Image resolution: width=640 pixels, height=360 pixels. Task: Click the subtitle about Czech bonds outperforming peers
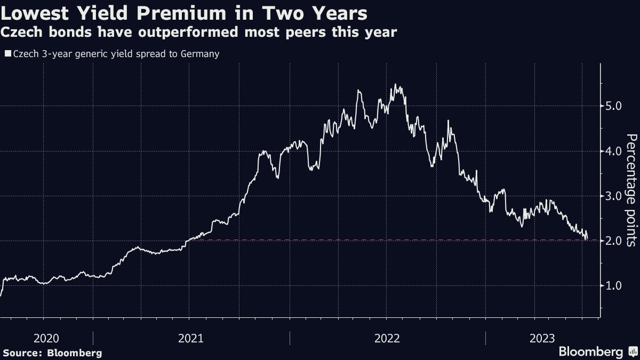198,33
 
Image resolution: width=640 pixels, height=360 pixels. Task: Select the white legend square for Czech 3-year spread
7,54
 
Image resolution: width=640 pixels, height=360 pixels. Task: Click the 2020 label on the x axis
46,338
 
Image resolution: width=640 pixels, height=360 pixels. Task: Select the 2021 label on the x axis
190,338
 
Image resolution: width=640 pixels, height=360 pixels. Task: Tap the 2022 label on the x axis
387,338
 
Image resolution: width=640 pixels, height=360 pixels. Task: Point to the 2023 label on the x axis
542,338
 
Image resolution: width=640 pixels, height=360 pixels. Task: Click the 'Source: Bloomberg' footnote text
52,353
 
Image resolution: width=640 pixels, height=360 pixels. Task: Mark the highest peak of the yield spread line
395,84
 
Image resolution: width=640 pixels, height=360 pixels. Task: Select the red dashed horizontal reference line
373,241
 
